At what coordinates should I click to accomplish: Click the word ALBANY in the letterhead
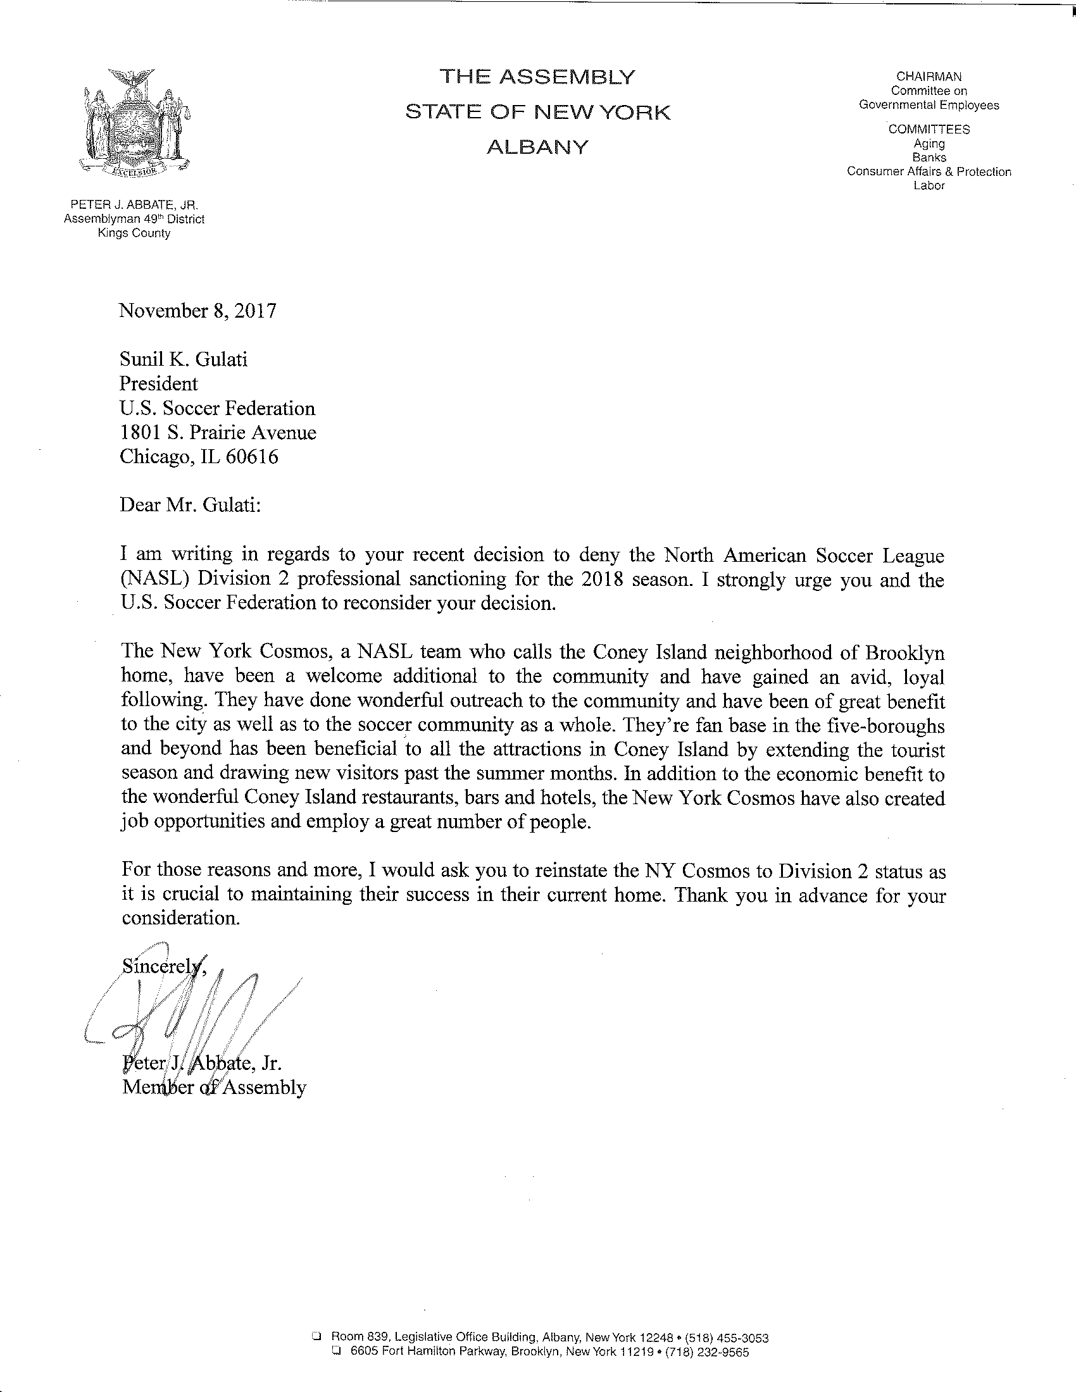pos(537,148)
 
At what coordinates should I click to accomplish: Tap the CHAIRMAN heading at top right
pos(929,77)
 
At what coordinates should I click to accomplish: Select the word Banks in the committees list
pos(929,158)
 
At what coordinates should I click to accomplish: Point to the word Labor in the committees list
pos(929,185)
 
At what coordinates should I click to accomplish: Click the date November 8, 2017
pos(198,311)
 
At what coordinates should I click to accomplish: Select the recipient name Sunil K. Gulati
pos(184,360)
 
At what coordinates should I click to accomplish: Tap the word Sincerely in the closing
pos(163,967)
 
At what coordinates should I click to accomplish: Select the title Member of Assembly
pos(214,1087)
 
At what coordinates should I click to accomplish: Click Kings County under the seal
pos(134,233)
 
